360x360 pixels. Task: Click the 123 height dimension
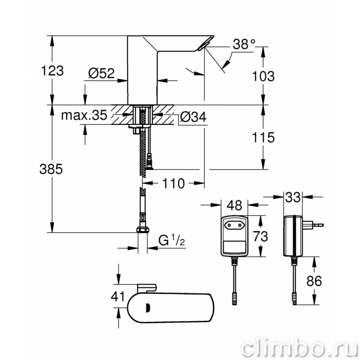pos(52,71)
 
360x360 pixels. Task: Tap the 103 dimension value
pos(263,76)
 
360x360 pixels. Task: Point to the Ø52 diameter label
pos(101,73)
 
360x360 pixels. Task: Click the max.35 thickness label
pos(84,115)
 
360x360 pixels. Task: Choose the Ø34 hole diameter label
pos(193,117)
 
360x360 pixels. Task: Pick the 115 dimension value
pos(263,137)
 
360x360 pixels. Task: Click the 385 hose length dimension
pos(51,169)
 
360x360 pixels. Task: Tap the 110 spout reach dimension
pos(173,184)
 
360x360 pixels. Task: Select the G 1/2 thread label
pos(172,240)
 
